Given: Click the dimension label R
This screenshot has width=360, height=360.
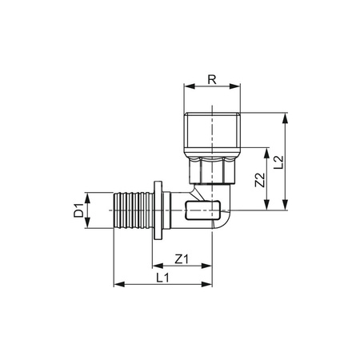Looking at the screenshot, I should [211, 80].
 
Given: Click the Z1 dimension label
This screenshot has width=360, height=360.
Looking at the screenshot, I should [181, 258].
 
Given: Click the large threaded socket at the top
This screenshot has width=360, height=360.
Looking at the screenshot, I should [211, 136].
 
